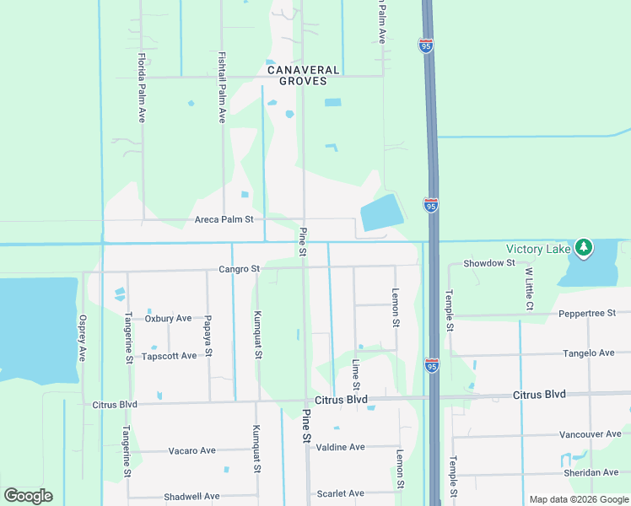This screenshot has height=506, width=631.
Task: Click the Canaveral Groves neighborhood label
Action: [303, 76]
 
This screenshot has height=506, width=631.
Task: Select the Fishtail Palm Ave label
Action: [222, 88]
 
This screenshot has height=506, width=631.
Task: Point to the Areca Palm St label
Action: [224, 219]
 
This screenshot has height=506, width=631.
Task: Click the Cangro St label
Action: [238, 269]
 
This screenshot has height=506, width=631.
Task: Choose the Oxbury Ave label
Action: [168, 319]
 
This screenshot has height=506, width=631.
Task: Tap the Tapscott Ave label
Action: [170, 356]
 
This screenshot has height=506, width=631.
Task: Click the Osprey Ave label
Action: [82, 338]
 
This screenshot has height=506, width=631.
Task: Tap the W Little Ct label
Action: [529, 289]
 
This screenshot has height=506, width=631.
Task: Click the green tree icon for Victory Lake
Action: [583, 247]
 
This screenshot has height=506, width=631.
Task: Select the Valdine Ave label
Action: [340, 447]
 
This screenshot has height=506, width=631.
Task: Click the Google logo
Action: [28, 496]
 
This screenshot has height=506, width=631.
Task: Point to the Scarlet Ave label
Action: [340, 493]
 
